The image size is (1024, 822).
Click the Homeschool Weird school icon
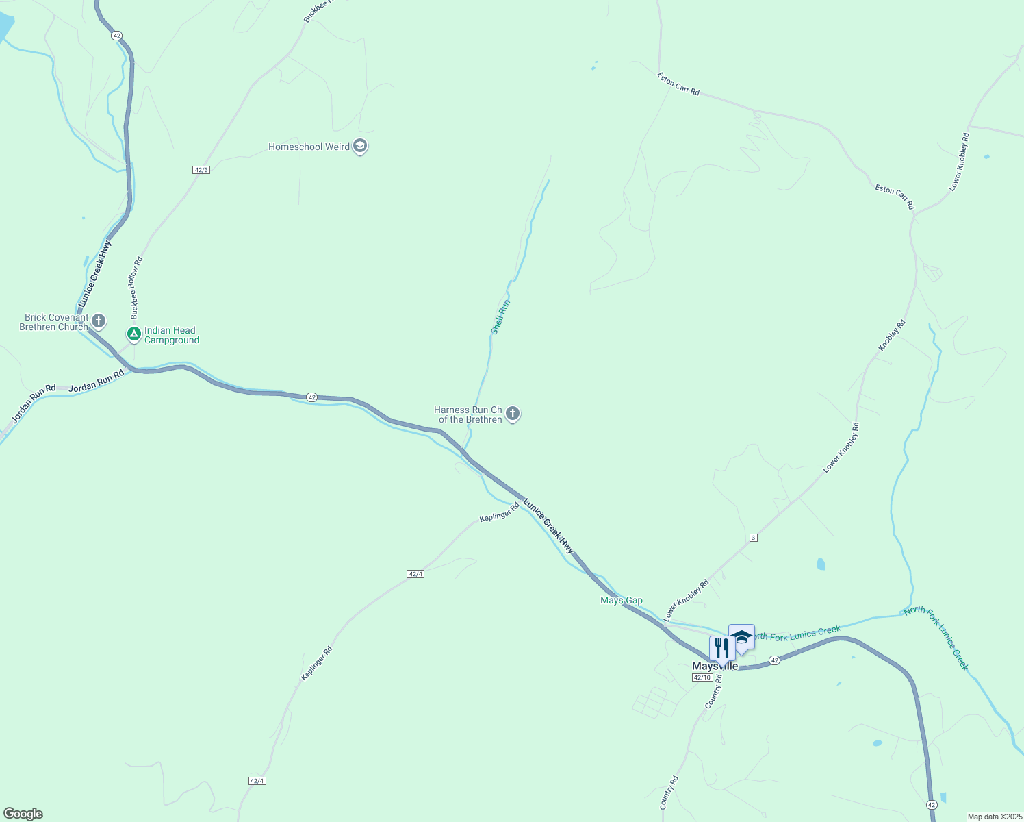360,147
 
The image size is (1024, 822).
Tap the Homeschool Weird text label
309,147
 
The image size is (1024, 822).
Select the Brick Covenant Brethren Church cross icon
99,321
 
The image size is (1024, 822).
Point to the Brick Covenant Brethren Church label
54,322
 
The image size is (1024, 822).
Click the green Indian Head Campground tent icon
134,334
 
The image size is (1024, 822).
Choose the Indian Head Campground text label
172,335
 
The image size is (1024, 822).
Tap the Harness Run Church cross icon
513,414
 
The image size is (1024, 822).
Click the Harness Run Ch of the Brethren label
469,414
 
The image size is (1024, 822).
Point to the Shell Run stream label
500,316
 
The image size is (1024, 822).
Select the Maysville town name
715,667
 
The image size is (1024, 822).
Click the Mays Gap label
622,601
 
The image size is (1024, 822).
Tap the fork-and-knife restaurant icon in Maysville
721,647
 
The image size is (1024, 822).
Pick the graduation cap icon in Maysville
741,637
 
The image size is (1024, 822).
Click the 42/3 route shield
201,169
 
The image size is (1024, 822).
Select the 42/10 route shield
702,677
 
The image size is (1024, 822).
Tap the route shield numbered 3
754,538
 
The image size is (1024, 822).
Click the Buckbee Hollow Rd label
136,288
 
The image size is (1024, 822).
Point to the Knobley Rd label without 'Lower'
892,336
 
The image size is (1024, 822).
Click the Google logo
23,814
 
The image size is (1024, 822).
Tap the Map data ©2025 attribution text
994,817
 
